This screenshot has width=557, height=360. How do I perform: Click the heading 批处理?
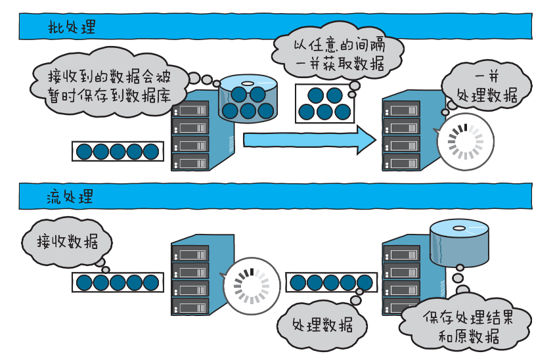[x=72, y=28]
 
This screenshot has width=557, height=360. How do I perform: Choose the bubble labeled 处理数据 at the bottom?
[x=322, y=325]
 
